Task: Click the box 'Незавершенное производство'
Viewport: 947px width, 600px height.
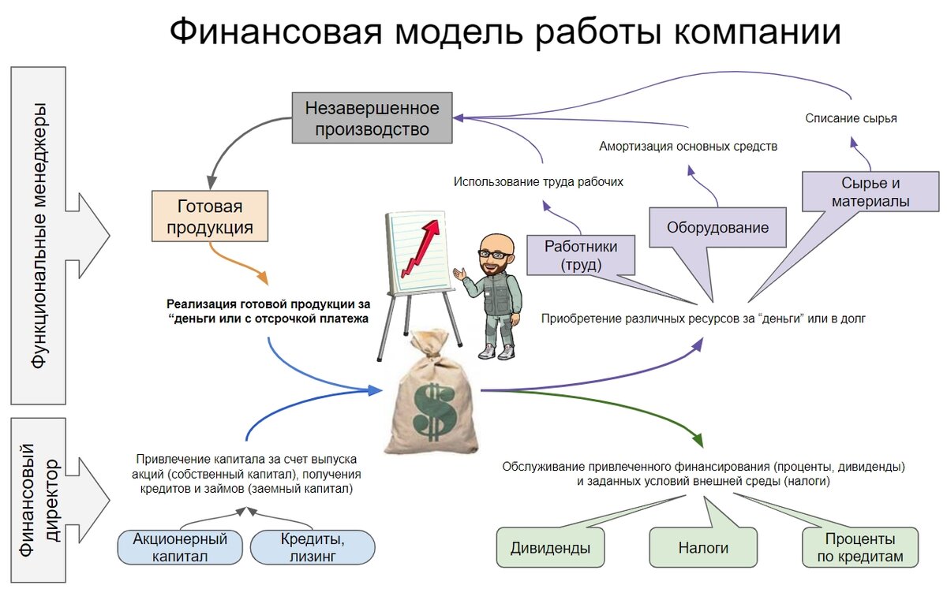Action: click(372, 117)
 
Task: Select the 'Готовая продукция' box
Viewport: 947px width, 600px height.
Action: click(210, 218)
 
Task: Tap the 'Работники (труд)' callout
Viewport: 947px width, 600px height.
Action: click(581, 255)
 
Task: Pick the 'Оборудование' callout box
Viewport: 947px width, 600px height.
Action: click(717, 229)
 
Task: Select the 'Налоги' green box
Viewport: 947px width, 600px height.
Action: click(702, 547)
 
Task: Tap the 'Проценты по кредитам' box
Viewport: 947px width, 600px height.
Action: click(859, 547)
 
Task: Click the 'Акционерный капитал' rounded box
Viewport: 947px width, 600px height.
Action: click(180, 547)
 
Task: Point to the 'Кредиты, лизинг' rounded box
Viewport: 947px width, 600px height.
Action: click(312, 547)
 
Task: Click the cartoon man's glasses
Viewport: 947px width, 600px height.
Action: click(496, 255)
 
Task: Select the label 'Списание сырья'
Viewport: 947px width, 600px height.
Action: click(851, 119)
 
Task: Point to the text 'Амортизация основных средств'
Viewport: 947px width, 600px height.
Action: click(688, 147)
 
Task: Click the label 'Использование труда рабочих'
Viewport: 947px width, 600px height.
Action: click(538, 181)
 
